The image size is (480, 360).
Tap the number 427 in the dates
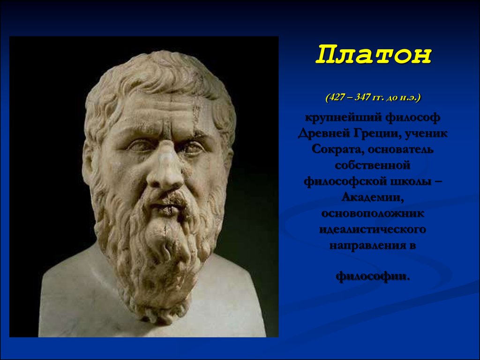tap(337, 97)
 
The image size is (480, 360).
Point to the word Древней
tap(324, 134)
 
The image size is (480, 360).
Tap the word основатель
tap(400, 150)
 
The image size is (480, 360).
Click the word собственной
tap(372, 165)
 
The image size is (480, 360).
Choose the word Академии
tap(373, 197)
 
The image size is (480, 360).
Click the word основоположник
tap(373, 213)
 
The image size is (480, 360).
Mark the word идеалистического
tap(373, 229)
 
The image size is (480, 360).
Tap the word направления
tap(367, 246)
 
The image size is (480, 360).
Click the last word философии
tap(373, 277)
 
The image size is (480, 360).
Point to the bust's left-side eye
tap(140, 145)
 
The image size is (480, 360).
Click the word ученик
tap(426, 134)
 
